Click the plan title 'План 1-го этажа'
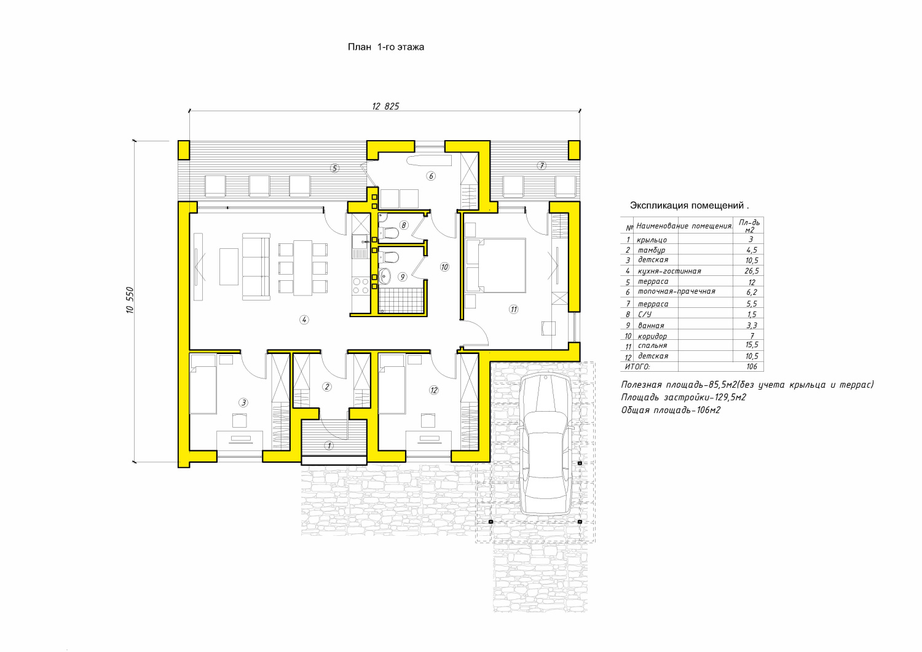tap(385, 47)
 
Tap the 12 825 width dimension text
tap(385, 106)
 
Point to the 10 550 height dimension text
tap(130, 300)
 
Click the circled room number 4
tap(304, 320)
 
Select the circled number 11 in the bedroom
tap(513, 309)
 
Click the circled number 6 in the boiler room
tap(431, 176)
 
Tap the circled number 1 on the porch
tap(329, 446)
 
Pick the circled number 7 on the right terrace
tap(542, 165)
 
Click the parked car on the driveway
tap(545, 444)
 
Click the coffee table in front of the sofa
tap(229, 266)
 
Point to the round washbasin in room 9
tap(384, 276)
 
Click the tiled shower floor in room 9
tap(401, 300)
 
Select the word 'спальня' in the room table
tap(652, 346)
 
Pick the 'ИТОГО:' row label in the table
tap(637, 366)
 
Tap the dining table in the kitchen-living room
tap(302, 268)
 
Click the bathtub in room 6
tap(428, 160)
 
